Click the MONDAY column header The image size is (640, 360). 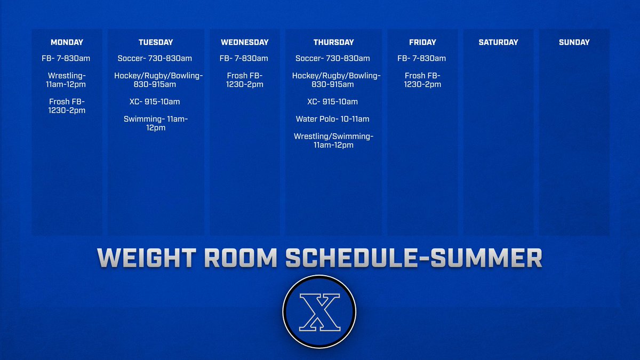(x=67, y=42)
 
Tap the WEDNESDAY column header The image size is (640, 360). (x=244, y=42)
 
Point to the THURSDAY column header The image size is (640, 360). (x=333, y=42)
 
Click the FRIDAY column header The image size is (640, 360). (x=422, y=42)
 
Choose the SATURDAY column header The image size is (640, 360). (x=498, y=42)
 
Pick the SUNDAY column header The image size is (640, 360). (x=574, y=42)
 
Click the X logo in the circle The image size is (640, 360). (x=319, y=311)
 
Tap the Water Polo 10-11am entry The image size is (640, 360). (x=333, y=119)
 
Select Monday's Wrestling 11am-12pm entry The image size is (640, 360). (x=67, y=80)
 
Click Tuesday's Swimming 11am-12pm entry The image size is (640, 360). (x=155, y=123)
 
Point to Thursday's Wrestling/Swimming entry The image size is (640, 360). (x=333, y=141)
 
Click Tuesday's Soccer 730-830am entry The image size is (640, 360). (x=155, y=58)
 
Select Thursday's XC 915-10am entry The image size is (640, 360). (x=333, y=101)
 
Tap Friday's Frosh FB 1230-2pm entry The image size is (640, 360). (x=422, y=80)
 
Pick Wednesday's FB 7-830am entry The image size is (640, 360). (x=244, y=58)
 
